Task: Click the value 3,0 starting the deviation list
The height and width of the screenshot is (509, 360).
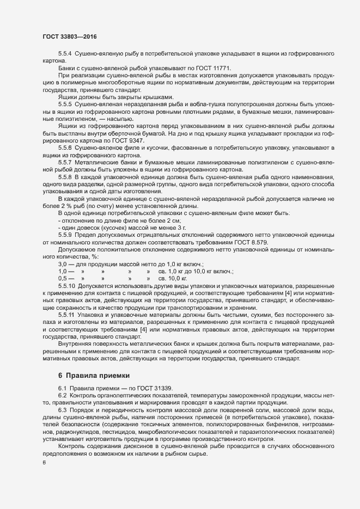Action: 62,263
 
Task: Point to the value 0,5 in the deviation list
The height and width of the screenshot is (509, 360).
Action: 62,278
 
